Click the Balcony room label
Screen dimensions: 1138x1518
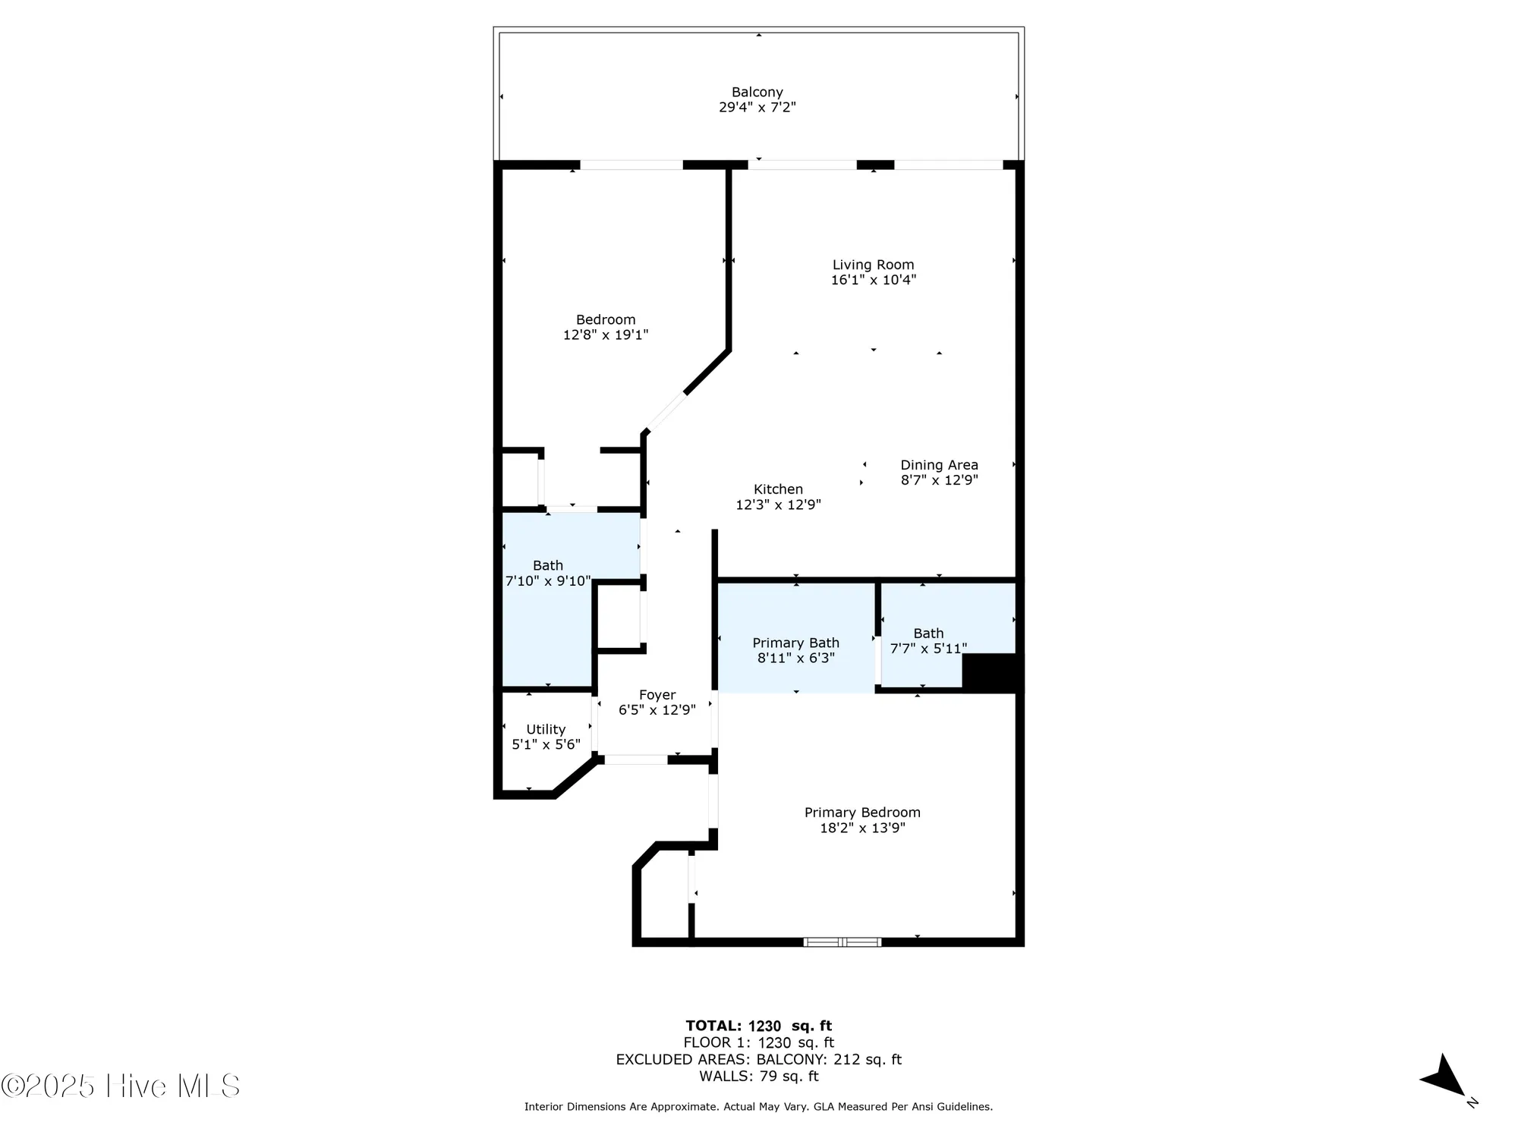757,92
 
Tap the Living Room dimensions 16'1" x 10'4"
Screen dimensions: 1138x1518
873,280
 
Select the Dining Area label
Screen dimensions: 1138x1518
939,465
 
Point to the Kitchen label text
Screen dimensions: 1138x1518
778,489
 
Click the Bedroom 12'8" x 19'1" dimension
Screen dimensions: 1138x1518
606,335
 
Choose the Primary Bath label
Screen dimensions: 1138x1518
795,643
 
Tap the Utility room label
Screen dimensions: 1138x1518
546,729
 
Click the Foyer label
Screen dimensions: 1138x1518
657,695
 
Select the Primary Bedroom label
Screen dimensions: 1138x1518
862,813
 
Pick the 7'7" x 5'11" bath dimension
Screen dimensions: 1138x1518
928,649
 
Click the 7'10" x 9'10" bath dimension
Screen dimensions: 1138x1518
548,581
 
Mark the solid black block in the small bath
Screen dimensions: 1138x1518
991,671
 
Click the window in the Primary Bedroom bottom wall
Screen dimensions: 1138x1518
842,942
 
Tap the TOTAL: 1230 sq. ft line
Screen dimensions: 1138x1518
758,1026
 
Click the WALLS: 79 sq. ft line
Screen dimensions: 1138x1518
758,1076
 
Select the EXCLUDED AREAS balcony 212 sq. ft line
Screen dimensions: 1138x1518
758,1059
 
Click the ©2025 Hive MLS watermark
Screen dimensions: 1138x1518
120,1086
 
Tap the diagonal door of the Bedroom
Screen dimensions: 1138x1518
666,412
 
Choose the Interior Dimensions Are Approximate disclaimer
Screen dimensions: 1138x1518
758,1107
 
